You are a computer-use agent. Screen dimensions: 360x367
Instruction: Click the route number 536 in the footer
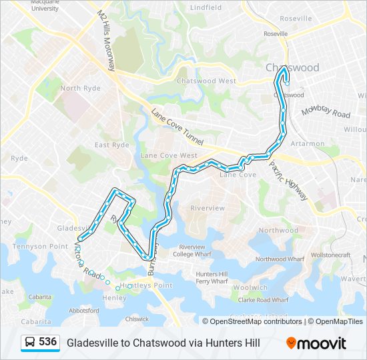(x=47, y=341)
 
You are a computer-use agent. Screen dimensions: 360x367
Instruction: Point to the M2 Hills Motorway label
(x=106, y=41)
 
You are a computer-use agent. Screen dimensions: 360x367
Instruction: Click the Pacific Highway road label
(x=289, y=181)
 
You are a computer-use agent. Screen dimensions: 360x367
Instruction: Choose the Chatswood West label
(x=206, y=81)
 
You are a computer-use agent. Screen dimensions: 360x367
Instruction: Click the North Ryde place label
(x=79, y=88)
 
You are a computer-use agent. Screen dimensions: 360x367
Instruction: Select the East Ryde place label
(x=111, y=145)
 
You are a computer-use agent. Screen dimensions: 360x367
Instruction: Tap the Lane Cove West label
(x=169, y=155)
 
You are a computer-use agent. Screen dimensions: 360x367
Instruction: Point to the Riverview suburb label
(x=208, y=208)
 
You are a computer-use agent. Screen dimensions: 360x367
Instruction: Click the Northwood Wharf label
(x=280, y=259)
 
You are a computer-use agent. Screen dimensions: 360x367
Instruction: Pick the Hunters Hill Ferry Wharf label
(x=212, y=277)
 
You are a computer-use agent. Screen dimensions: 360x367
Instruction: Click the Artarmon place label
(x=308, y=143)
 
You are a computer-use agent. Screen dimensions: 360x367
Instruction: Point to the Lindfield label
(x=206, y=7)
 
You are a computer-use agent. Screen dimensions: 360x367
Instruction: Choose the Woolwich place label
(x=250, y=287)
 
